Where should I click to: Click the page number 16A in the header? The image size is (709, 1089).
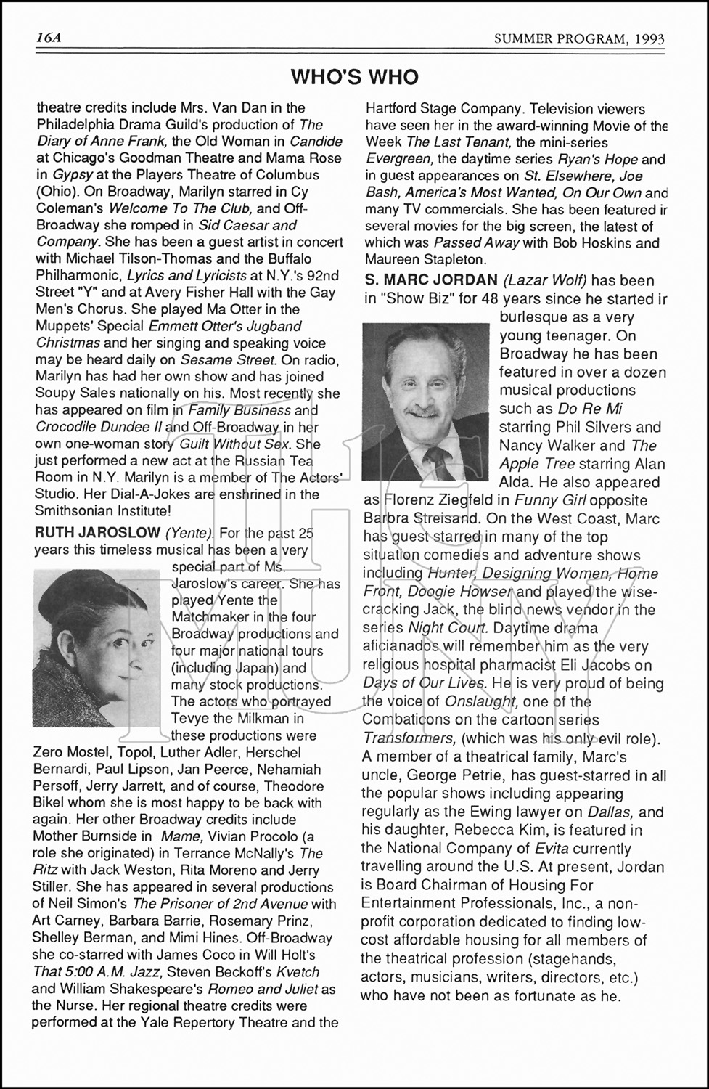[49, 38]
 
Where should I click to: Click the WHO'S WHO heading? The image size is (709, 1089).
[354, 77]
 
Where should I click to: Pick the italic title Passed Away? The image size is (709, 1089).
[475, 242]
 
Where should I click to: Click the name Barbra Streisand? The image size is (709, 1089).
[420, 518]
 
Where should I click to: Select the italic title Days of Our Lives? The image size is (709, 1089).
[424, 684]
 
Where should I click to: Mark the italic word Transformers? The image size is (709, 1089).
[409, 738]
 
